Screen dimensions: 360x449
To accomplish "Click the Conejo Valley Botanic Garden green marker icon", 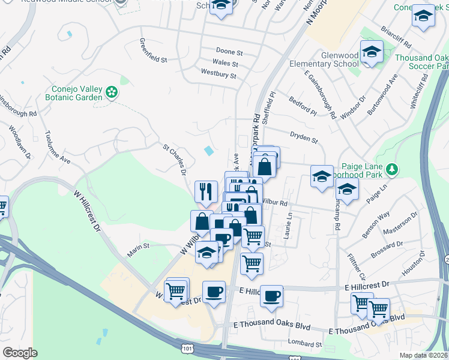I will tap(111, 92).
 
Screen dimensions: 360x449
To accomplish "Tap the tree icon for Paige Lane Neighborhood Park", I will tap(393, 169).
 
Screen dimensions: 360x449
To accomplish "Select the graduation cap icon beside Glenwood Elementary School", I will tap(372, 53).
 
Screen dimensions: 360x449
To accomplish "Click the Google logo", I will tap(20, 353).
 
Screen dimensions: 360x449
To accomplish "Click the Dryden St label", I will tap(303, 139).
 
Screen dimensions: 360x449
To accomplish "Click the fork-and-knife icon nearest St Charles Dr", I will tap(206, 191).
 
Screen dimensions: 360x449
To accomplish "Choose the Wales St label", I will tap(225, 63).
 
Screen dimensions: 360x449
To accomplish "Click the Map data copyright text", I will tap(424, 355).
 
